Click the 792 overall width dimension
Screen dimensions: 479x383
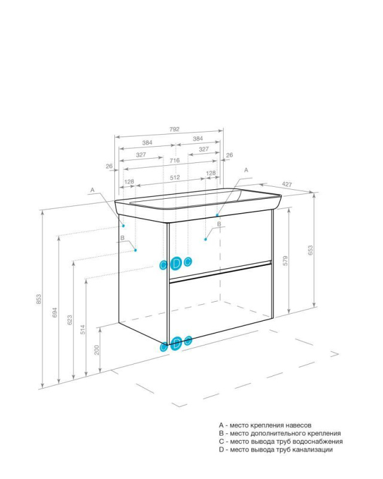[x=174, y=129]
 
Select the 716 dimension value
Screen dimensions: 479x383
[x=174, y=161]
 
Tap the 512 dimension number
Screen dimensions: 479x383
[x=174, y=178]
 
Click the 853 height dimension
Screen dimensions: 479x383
[x=38, y=298]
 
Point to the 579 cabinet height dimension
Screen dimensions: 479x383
[x=285, y=260]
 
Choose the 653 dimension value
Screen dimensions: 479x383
[x=310, y=250]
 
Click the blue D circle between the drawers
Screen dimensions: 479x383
[x=175, y=263]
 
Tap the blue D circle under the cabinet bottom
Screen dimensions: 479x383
[x=176, y=343]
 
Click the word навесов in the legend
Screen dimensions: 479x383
[x=296, y=425]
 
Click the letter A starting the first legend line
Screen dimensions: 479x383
[x=221, y=425]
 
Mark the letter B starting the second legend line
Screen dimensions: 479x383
[x=221, y=433]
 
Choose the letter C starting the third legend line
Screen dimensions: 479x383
[x=221, y=441]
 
